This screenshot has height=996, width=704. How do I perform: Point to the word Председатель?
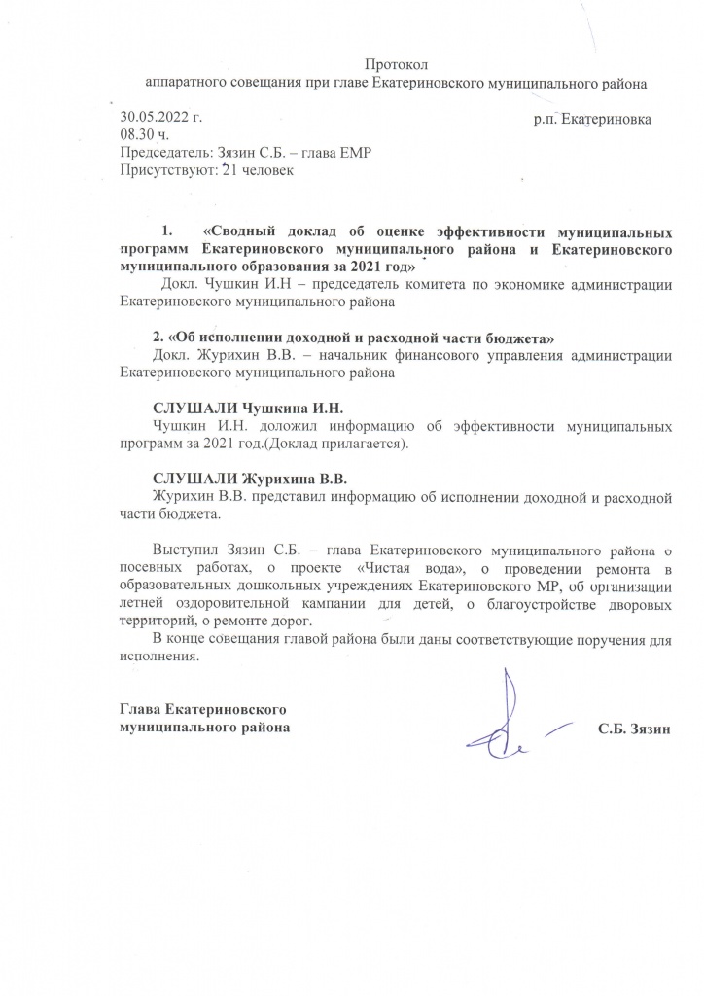pos(160,154)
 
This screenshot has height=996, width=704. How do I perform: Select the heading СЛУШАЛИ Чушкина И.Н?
pos(249,409)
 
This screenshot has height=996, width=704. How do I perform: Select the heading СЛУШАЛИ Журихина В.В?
pos(249,479)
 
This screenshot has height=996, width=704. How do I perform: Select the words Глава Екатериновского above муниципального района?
pos(201,708)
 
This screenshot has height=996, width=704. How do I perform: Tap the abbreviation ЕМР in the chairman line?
pos(352,154)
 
